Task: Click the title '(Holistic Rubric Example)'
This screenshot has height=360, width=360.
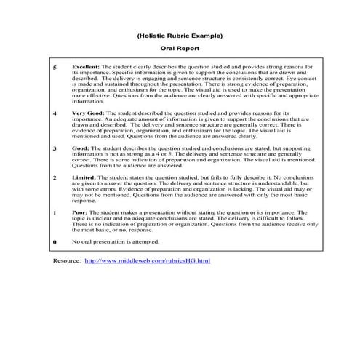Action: (179, 35)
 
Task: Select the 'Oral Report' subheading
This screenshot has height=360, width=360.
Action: (179, 49)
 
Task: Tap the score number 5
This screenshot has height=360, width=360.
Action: (55, 67)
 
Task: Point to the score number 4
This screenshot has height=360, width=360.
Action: (55, 115)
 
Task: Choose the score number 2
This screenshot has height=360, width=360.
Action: (55, 177)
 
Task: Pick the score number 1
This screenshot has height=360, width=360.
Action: (55, 213)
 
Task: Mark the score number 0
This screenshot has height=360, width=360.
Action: (55, 241)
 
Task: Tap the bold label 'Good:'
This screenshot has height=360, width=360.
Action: (81, 148)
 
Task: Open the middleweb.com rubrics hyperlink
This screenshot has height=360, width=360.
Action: (147, 260)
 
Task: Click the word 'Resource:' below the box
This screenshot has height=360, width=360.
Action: (67, 260)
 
